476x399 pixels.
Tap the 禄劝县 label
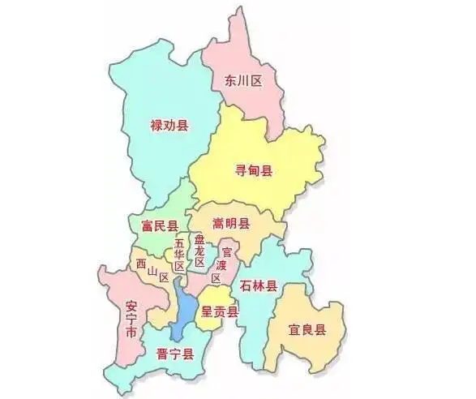[x=169, y=126]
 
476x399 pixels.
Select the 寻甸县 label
[x=254, y=170]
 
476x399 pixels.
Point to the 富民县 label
[x=159, y=225]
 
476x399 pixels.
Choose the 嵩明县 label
[x=231, y=223]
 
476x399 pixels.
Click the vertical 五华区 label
[x=179, y=253]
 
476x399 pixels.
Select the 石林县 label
[x=259, y=286]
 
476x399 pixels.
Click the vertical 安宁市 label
[x=131, y=321]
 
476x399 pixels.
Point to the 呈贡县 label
[x=220, y=313]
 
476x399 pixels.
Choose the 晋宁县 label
[x=174, y=354]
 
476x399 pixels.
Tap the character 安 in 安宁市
[x=131, y=307]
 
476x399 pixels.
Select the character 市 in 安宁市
[x=131, y=335]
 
